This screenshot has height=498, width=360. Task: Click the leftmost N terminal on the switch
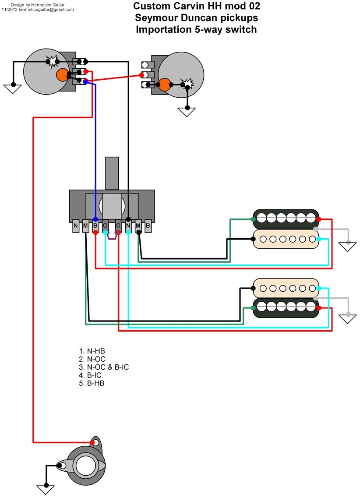pyautogui.click(x=76, y=226)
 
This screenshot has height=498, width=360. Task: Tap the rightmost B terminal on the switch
pyautogui.click(x=148, y=226)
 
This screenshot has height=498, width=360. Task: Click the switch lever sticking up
pyautogui.click(x=113, y=173)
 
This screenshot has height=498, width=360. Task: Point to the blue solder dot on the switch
pyautogui.click(x=95, y=219)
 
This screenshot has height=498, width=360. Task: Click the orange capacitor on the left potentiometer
pyautogui.click(x=62, y=75)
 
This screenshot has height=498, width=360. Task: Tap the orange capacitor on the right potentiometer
pyautogui.click(x=165, y=85)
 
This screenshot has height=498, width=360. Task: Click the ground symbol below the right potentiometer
pyautogui.click(x=187, y=111)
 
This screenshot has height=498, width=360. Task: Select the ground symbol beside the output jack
pyautogui.click(x=45, y=489)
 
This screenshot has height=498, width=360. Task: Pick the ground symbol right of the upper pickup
pyautogui.click(x=348, y=246)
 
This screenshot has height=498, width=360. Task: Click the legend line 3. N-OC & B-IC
pyautogui.click(x=104, y=367)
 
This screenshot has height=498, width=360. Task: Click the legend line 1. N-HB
pyautogui.click(x=92, y=351)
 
